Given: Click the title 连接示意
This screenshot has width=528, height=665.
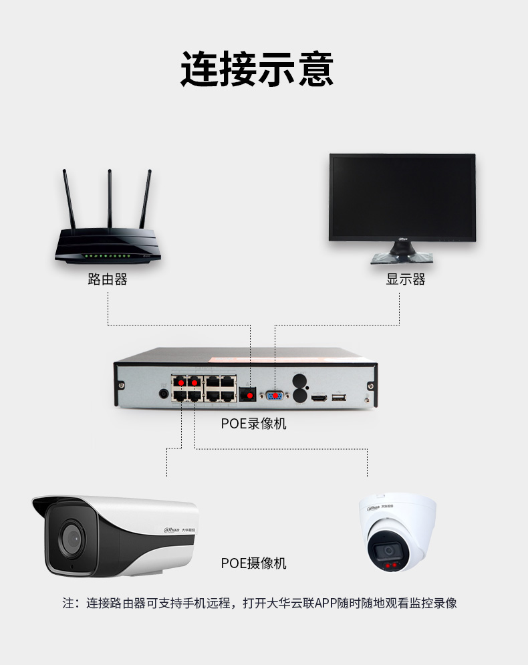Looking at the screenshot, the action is tap(257, 68).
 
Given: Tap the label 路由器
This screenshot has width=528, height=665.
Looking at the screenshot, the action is tap(108, 279).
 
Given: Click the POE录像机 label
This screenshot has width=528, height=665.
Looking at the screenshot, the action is tap(253, 424).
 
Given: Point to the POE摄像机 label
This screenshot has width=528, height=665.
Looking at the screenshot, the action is tap(253, 563).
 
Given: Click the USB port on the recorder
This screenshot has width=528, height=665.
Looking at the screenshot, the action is tap(339, 398).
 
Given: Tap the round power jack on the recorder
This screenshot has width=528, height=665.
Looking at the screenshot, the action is tap(163, 394).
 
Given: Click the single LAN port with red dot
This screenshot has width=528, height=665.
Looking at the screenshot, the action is tap(249, 395).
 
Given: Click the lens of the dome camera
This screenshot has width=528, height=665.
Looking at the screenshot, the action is tap(388, 551).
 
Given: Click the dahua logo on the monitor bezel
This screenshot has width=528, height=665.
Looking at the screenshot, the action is tap(403, 239).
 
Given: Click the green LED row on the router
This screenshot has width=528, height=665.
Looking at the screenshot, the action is tap(107, 256).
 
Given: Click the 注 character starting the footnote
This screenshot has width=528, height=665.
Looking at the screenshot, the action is tap(69, 603).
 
